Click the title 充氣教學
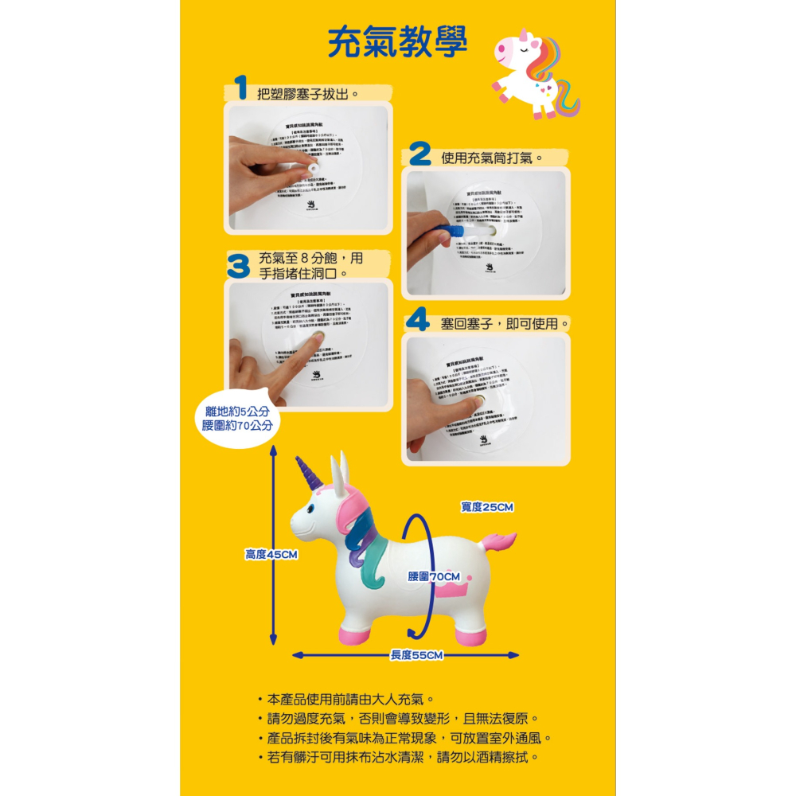(397, 44)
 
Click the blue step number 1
(240, 88)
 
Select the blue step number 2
(420, 154)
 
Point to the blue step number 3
(239, 267)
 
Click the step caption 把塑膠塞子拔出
(309, 94)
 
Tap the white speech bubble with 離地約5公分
(237, 419)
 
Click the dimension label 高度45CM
(271, 554)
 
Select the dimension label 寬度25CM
(487, 507)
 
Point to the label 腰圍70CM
(434, 576)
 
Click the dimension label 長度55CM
(416, 655)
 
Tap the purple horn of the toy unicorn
(308, 473)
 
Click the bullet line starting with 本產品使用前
(349, 700)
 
